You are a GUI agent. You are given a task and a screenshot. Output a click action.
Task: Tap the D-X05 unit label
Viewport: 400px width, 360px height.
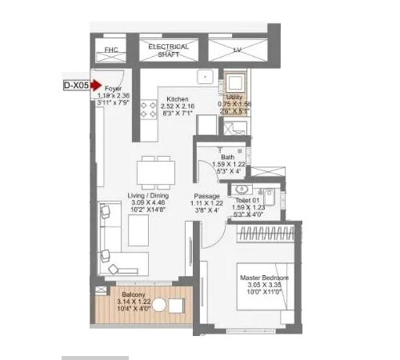pyautogui.click(x=77, y=83)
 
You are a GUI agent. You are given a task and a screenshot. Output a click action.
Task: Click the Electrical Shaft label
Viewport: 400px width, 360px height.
pyautogui.click(x=168, y=50)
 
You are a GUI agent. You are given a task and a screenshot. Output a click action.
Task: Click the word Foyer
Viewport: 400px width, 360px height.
pyautogui.click(x=114, y=89)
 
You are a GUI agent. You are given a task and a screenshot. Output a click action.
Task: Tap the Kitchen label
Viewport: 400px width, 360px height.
pyautogui.click(x=178, y=90)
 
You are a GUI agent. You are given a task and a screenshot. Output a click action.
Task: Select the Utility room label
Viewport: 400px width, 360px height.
pyautogui.click(x=234, y=96)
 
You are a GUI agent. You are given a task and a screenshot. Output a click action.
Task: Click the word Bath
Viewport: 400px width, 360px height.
pyautogui.click(x=228, y=157)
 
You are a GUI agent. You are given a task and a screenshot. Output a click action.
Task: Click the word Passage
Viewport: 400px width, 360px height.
pyautogui.click(x=206, y=196)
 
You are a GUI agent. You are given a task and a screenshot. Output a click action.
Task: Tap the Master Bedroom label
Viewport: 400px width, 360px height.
pyautogui.click(x=265, y=278)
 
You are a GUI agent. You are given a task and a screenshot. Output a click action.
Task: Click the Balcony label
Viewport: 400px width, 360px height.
pyautogui.click(x=132, y=294)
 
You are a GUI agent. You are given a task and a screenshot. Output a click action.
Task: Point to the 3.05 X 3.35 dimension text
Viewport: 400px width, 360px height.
pyautogui.click(x=265, y=286)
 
